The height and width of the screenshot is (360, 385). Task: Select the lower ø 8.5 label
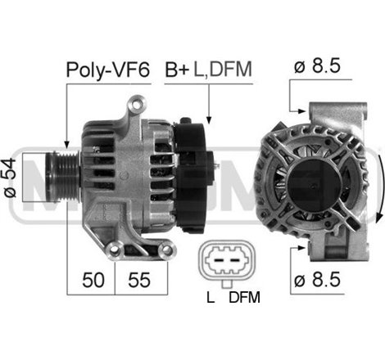pos(317,280)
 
